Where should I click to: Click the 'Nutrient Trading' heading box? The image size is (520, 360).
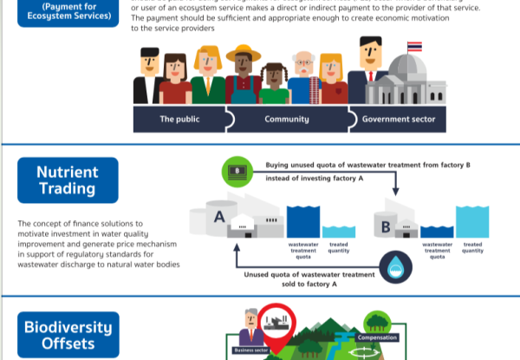point(67,180)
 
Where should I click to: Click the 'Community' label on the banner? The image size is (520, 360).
point(289,117)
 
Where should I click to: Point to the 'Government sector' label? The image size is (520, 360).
point(399,117)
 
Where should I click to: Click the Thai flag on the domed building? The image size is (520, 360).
point(414,45)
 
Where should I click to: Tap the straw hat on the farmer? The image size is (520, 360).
point(243,54)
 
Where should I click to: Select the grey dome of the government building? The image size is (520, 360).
point(404,71)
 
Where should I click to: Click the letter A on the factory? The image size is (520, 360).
point(219,215)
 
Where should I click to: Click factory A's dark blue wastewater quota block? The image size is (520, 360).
point(303,221)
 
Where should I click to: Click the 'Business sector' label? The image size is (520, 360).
point(254,351)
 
